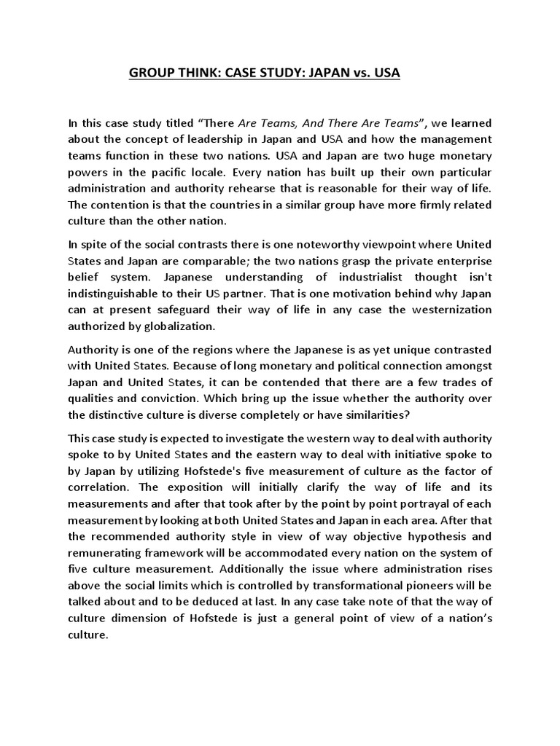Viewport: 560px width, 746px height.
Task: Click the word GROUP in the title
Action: [152, 74]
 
